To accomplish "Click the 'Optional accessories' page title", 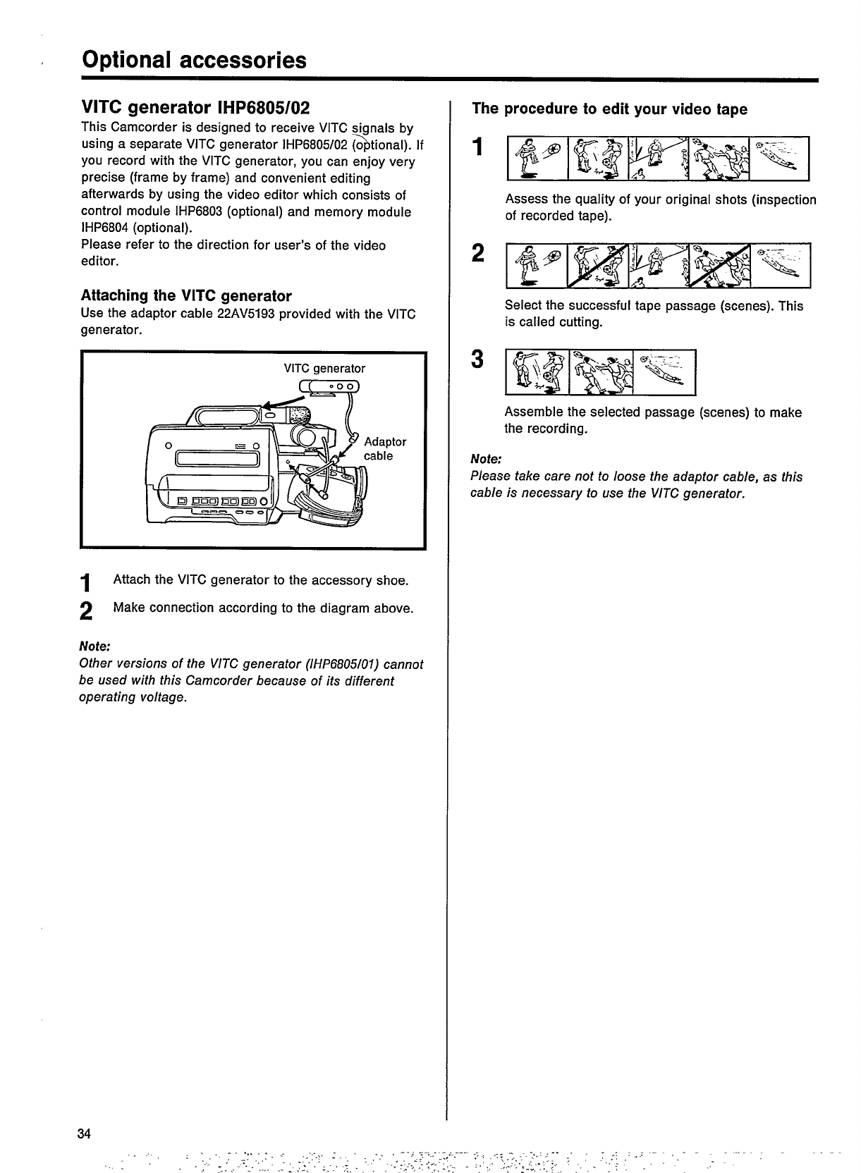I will click(x=195, y=60).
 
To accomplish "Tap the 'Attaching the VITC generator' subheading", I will click(x=186, y=295).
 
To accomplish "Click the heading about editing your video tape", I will click(x=609, y=109).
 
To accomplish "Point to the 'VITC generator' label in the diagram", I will click(x=324, y=368).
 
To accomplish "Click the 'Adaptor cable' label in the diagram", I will click(x=384, y=448).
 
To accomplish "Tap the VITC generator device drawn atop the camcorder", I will click(x=330, y=386).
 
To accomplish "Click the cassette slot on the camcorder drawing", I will click(x=219, y=459).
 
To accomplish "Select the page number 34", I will click(x=85, y=1134).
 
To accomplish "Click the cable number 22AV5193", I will click(x=247, y=314).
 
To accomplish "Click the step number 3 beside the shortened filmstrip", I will click(x=478, y=360).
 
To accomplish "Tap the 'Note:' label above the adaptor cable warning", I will click(x=486, y=459).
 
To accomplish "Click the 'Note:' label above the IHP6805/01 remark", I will click(x=96, y=646).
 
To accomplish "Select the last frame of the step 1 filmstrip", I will click(x=780, y=158).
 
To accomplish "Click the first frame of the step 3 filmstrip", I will click(x=537, y=372).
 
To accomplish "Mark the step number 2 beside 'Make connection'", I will click(x=86, y=611).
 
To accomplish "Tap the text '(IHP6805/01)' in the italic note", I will click(x=343, y=664).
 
